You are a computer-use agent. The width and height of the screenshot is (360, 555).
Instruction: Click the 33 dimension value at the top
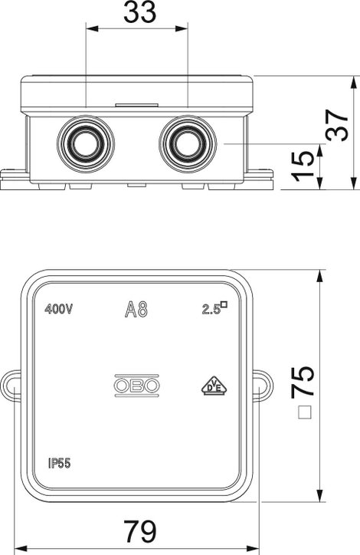[x=139, y=12]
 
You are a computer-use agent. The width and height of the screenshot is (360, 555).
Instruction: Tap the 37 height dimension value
[x=337, y=125]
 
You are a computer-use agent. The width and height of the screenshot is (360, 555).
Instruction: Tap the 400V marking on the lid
[x=59, y=310]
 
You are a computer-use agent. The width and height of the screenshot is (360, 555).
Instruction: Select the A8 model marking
[x=136, y=310]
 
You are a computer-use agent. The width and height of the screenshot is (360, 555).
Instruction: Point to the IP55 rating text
[x=60, y=463]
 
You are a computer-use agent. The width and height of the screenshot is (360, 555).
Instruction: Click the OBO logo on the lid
[x=137, y=386]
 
